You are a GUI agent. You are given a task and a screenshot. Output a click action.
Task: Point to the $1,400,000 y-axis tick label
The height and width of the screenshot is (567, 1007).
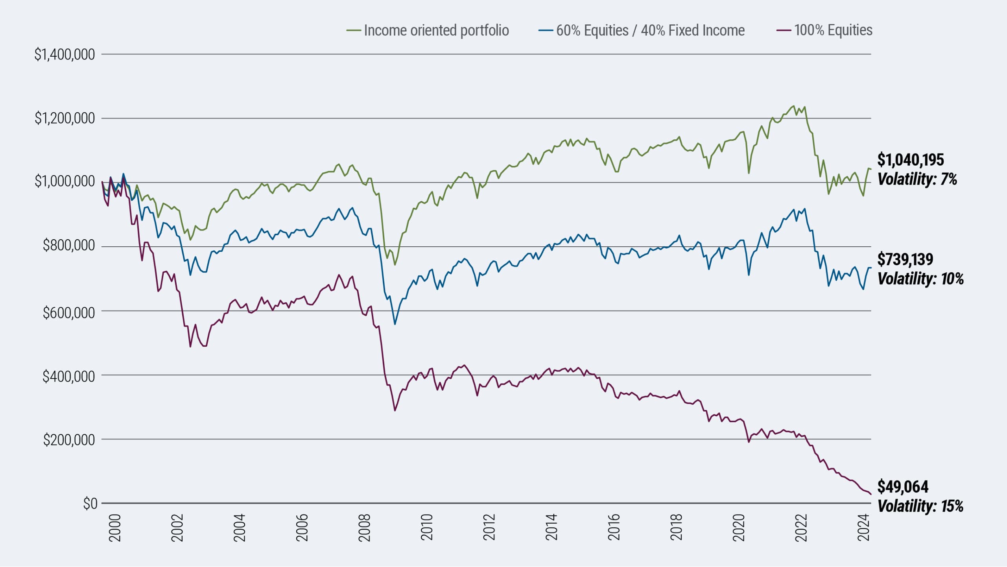(65, 54)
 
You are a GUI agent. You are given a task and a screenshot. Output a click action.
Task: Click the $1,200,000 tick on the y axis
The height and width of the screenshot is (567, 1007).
(65, 118)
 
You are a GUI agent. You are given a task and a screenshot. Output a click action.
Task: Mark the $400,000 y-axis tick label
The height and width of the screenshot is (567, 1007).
(69, 377)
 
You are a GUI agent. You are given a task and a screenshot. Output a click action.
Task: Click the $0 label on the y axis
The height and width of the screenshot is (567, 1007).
(90, 504)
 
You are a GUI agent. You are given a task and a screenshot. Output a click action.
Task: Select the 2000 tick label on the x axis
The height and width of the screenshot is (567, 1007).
(115, 528)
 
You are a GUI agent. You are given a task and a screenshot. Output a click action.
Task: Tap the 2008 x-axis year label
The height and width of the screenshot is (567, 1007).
(365, 528)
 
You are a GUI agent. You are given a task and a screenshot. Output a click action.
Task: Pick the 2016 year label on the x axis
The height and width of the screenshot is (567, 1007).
(614, 528)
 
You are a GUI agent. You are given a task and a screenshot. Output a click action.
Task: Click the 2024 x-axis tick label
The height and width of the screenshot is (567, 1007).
(864, 528)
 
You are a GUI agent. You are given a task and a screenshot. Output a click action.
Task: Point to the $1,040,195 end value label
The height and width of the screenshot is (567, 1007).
(911, 160)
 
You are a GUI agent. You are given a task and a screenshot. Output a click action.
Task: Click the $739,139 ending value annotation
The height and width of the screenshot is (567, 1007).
(905, 259)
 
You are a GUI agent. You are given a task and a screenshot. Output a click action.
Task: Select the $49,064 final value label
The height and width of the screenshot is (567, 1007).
(903, 487)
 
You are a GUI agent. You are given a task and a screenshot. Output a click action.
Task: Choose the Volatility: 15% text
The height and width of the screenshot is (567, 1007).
(920, 506)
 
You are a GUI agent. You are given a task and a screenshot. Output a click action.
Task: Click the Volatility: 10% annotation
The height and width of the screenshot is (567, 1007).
(920, 279)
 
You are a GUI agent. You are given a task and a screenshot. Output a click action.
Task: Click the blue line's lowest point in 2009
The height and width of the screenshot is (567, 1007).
(395, 324)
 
